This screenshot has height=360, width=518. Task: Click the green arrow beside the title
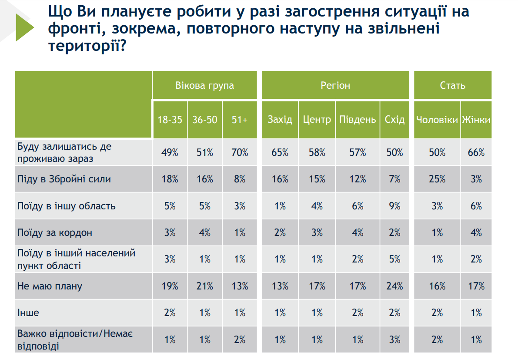point(24,27)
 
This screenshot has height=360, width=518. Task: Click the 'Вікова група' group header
point(204,85)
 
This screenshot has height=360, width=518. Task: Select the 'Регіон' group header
point(335,85)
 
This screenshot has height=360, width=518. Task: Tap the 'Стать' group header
point(452,85)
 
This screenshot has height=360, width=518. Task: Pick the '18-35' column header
point(170,120)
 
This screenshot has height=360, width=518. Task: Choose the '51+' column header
point(239,120)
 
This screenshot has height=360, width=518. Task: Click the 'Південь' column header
point(358,120)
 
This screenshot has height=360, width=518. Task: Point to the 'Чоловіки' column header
point(437,120)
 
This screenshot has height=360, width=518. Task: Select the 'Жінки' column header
point(476,120)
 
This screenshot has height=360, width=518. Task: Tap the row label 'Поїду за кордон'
point(55,232)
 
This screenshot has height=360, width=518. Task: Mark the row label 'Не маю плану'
point(50,286)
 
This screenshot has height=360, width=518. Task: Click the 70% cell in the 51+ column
point(239,152)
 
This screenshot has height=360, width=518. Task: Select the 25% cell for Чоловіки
point(437,179)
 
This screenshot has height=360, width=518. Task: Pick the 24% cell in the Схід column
point(394,286)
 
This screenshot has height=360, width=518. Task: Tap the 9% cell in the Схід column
point(394,206)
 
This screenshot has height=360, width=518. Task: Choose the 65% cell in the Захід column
point(280,152)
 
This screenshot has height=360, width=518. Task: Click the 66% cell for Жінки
point(476,152)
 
